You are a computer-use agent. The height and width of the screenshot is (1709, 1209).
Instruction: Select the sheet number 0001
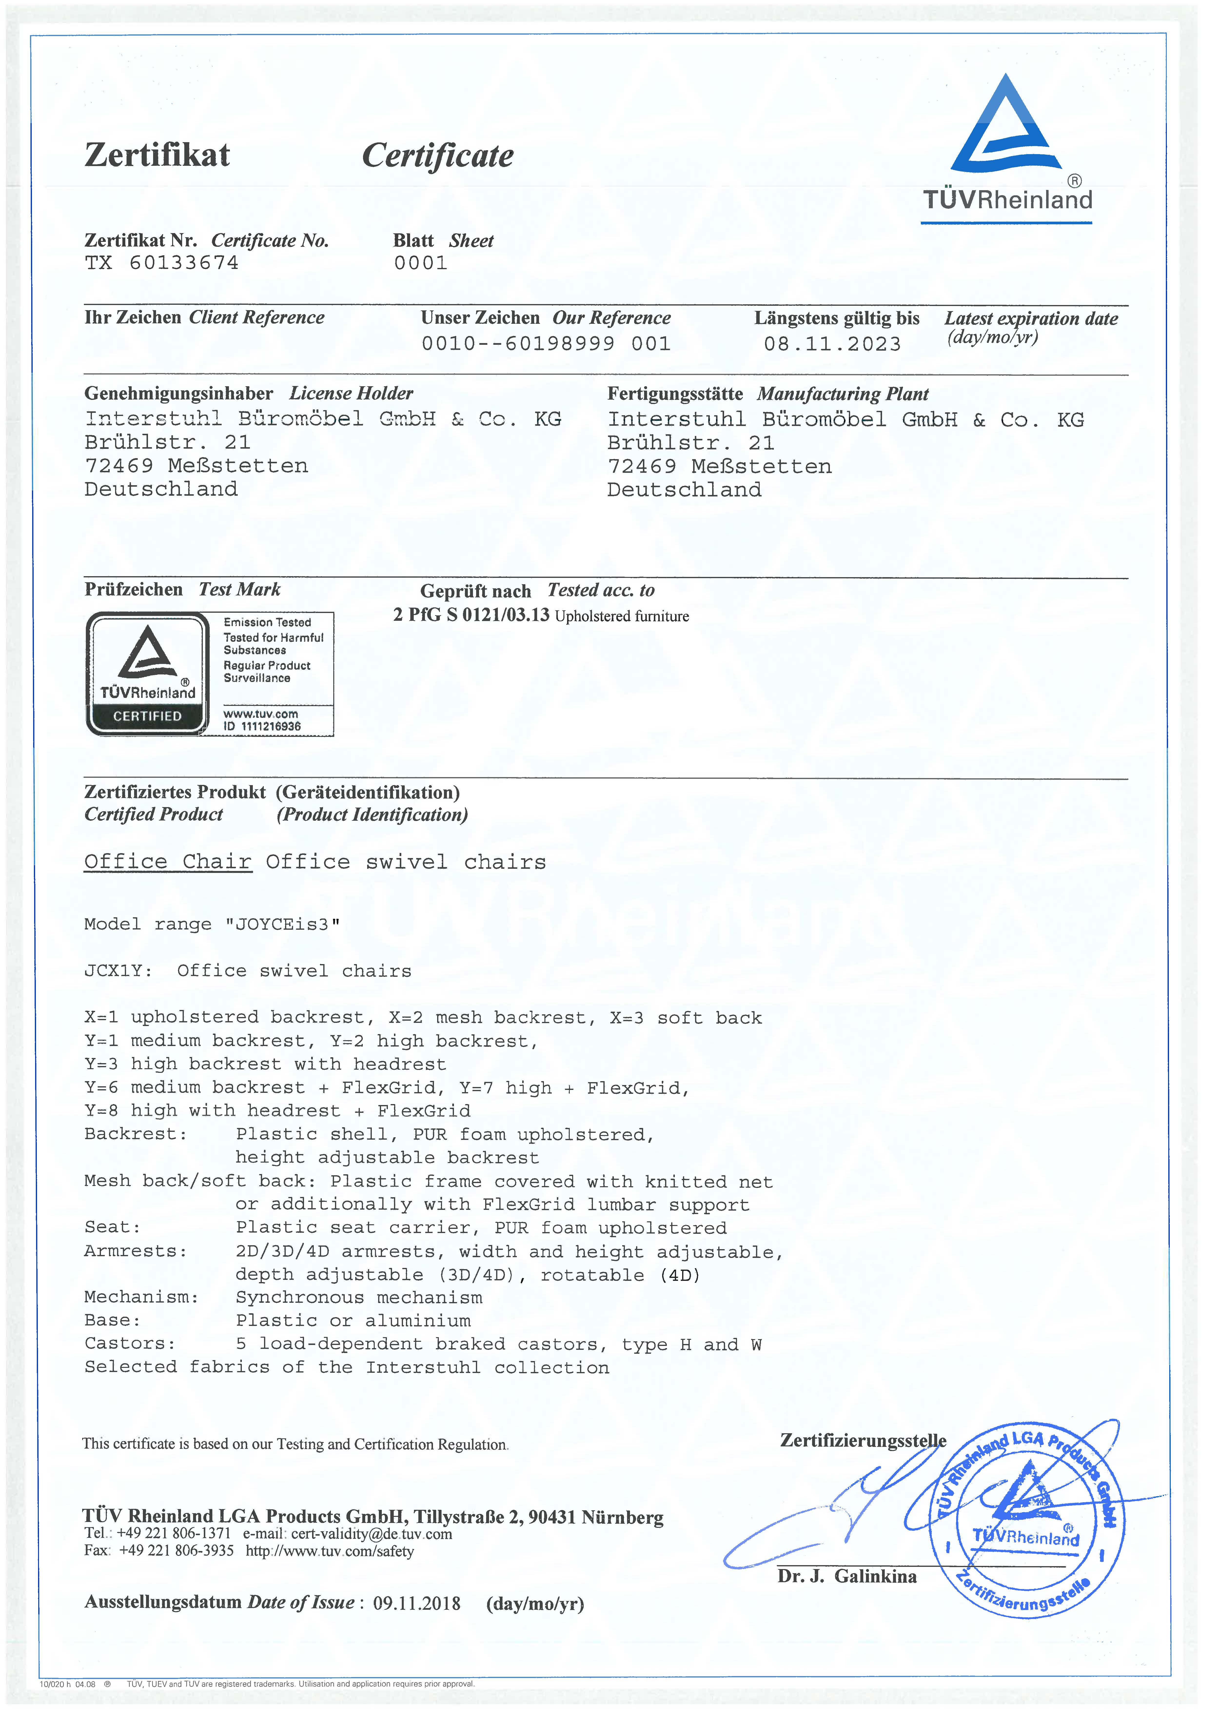click(421, 263)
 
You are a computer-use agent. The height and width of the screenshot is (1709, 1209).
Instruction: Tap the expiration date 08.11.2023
click(832, 344)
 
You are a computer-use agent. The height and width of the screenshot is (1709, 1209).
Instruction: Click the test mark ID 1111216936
click(262, 726)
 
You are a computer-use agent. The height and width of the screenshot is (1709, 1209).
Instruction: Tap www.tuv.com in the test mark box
click(261, 714)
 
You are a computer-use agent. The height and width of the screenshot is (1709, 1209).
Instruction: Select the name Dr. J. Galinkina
click(847, 1577)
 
